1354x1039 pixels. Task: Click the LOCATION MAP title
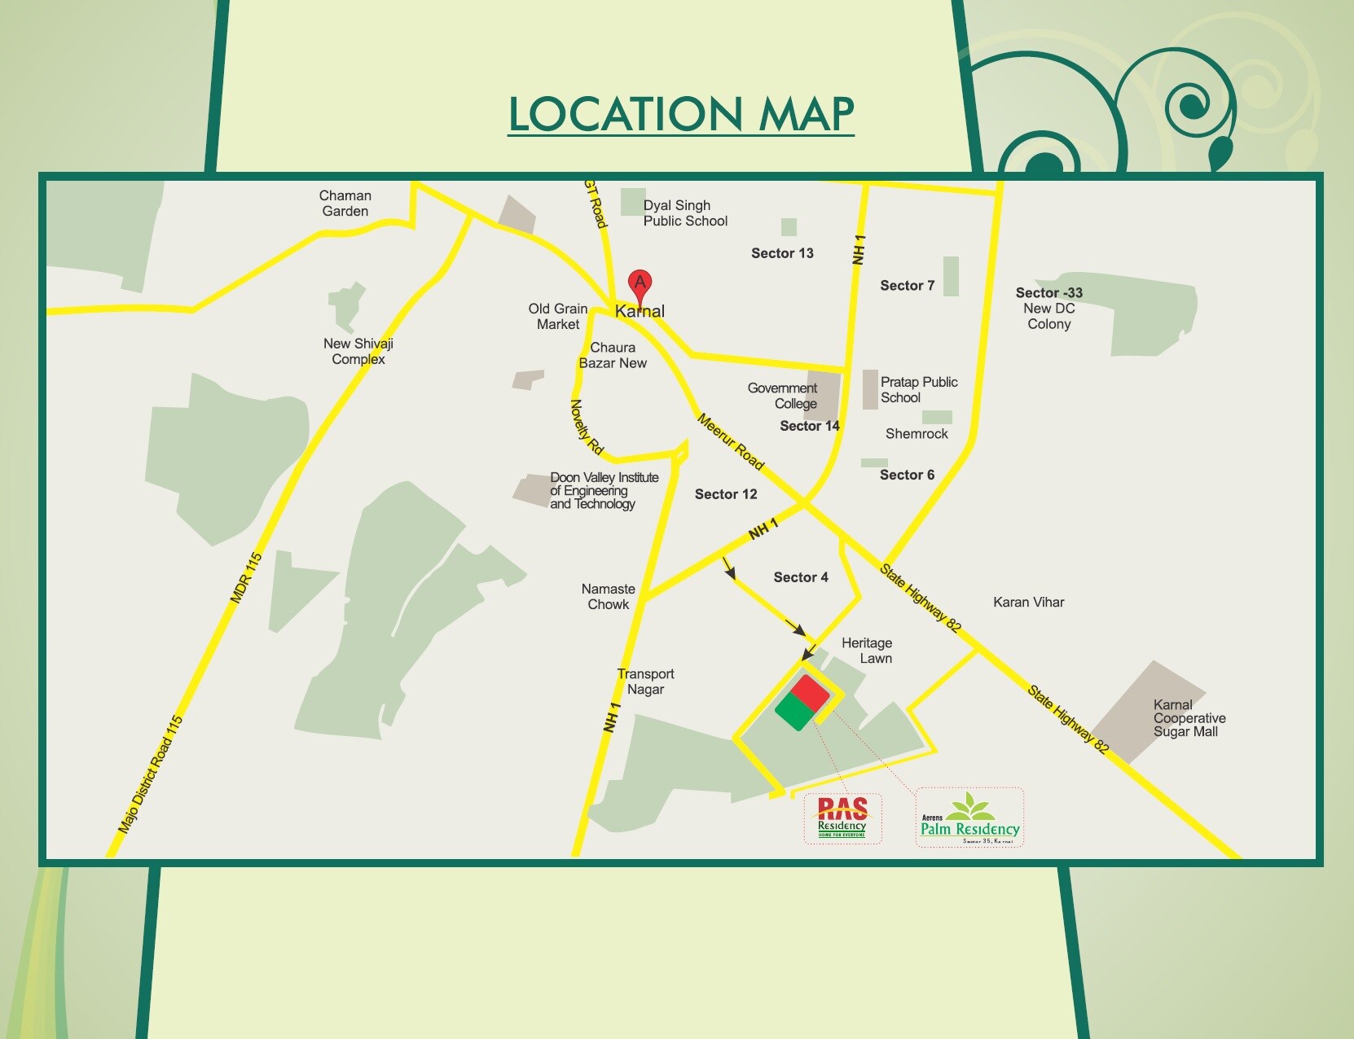(x=681, y=113)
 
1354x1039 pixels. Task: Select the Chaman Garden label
(x=345, y=204)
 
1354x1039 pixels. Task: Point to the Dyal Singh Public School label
(x=684, y=213)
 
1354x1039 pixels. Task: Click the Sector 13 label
(x=782, y=253)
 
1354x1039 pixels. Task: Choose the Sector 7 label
(x=907, y=286)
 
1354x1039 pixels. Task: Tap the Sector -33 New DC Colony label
(x=1048, y=309)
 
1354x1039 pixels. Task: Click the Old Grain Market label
(x=558, y=317)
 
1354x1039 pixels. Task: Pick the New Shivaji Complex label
(x=358, y=352)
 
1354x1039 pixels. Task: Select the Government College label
(x=783, y=396)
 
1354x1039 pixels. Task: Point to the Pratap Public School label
(x=918, y=390)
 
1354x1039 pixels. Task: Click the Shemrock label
(x=917, y=434)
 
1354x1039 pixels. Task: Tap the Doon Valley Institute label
(x=604, y=491)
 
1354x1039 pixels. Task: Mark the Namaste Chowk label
(x=609, y=597)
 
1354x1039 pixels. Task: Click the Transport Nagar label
(x=645, y=682)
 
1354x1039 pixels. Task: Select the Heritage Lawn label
(x=868, y=651)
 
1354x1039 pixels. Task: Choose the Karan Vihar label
(x=1028, y=603)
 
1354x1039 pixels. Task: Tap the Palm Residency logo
(x=969, y=818)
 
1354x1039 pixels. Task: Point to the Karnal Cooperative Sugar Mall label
(x=1189, y=718)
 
